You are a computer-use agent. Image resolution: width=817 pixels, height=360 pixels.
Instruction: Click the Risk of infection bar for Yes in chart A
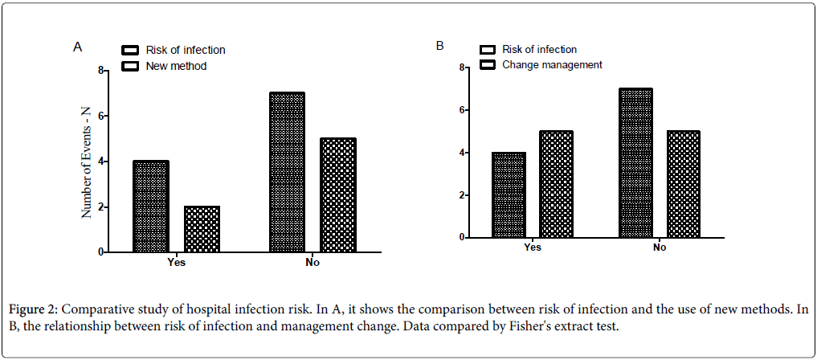[150, 207]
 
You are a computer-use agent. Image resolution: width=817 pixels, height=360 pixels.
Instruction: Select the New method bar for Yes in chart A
[202, 229]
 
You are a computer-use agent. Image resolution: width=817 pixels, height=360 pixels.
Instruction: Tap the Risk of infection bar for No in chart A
[287, 172]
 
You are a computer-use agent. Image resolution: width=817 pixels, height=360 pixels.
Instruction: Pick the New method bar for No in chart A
[337, 195]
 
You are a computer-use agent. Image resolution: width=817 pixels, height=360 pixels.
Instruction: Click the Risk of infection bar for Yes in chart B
[508, 195]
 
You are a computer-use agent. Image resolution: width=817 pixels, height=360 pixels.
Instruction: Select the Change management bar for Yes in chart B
[555, 184]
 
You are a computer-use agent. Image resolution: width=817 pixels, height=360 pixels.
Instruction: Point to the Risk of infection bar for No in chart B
[635, 163]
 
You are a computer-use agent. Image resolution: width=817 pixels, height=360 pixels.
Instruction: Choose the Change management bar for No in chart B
[684, 184]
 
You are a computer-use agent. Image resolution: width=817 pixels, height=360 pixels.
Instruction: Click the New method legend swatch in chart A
[130, 66]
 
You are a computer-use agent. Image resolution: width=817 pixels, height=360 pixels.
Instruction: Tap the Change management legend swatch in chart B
[488, 64]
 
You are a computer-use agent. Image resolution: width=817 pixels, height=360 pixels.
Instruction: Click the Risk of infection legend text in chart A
[185, 50]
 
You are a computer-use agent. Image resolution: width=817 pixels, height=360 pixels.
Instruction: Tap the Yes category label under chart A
[177, 262]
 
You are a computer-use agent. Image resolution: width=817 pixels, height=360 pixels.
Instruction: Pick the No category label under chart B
[660, 247]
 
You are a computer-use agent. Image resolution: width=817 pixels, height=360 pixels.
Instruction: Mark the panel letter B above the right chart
[439, 46]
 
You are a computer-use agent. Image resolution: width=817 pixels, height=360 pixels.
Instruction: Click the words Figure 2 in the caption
[36, 309]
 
